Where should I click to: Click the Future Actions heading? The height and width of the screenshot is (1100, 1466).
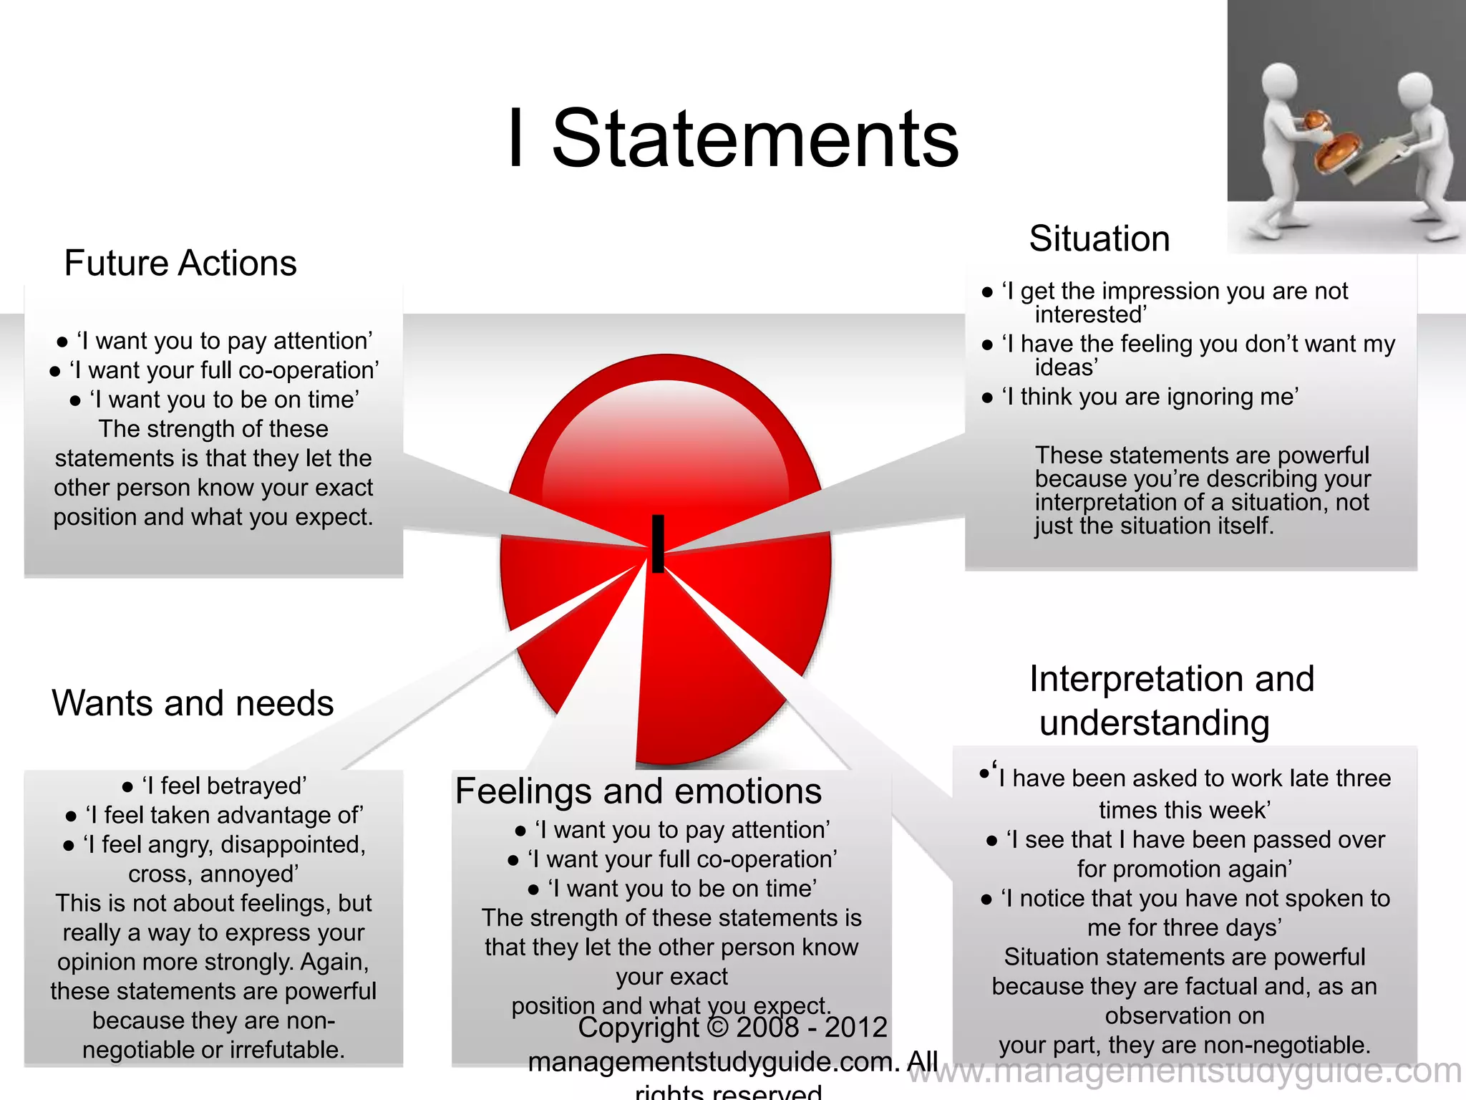180,263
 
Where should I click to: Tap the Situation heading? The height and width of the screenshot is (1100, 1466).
1099,238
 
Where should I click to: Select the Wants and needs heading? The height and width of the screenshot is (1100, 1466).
193,703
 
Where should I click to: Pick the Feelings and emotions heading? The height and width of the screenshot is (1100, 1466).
639,791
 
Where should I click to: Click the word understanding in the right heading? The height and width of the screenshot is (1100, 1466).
1155,723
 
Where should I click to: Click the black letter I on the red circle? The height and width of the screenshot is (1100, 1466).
658,544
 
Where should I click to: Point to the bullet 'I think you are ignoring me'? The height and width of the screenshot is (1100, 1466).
1150,397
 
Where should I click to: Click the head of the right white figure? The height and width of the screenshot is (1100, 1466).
1415,92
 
